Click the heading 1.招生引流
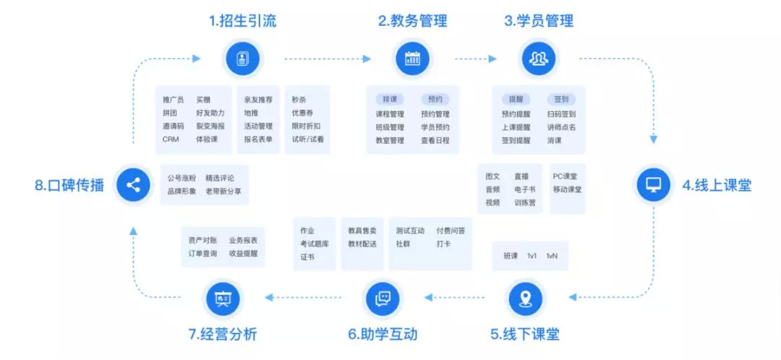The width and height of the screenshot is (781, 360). click(x=242, y=21)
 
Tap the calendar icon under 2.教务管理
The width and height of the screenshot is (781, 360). click(x=412, y=59)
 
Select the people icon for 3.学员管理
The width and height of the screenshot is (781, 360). click(x=539, y=59)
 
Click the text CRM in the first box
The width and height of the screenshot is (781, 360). click(x=171, y=140)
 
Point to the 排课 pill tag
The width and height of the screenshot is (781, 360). click(x=390, y=98)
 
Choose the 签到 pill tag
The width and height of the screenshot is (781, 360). click(x=561, y=98)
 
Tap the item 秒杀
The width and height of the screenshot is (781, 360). click(x=299, y=99)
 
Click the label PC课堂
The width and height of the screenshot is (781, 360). click(x=566, y=176)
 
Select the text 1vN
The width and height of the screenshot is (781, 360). click(x=552, y=256)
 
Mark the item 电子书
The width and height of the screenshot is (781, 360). click(x=525, y=189)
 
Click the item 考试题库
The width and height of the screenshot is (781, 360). click(x=315, y=244)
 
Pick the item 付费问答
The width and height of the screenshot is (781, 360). click(x=451, y=231)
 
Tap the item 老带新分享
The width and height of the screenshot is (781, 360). click(x=223, y=191)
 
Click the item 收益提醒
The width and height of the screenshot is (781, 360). click(x=244, y=254)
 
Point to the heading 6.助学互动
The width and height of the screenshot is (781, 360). click(x=383, y=334)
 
